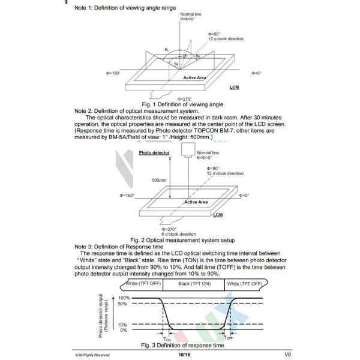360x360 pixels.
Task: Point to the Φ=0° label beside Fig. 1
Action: click(x=254, y=73)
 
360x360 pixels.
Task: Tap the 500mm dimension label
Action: click(x=158, y=179)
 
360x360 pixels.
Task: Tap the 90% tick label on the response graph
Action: click(x=124, y=304)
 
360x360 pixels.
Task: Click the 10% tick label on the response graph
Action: click(x=124, y=325)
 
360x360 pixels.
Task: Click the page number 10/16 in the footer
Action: click(x=184, y=354)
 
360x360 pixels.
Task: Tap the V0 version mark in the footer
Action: click(x=287, y=354)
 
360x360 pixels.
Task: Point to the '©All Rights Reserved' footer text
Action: click(x=92, y=355)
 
